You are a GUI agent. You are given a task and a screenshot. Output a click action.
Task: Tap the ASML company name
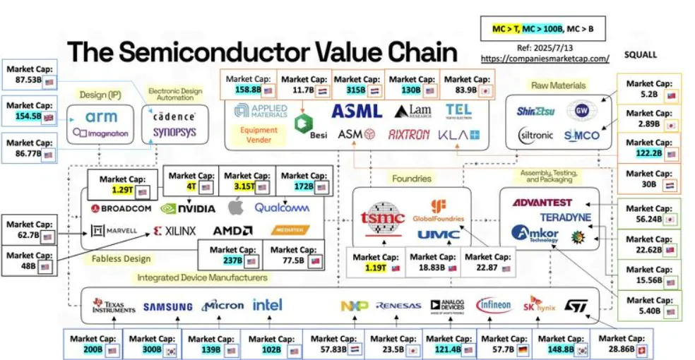[357, 111]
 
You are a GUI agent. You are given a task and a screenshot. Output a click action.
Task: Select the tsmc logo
[381, 218]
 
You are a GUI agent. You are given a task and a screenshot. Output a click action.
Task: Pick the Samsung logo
[167, 306]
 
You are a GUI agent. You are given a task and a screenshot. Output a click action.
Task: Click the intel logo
[267, 305]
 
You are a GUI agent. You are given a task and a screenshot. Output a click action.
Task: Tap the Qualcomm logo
[283, 208]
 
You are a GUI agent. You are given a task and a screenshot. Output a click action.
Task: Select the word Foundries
[412, 179]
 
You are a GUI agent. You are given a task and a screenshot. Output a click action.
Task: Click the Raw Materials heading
[558, 85]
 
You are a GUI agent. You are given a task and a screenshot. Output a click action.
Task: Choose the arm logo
[100, 116]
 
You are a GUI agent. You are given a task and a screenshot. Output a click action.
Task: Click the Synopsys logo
[174, 132]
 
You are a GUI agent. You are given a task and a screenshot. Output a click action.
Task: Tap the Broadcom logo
[121, 208]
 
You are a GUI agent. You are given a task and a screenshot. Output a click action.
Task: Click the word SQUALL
[641, 54]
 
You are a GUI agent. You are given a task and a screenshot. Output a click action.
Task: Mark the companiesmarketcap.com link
[544, 59]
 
